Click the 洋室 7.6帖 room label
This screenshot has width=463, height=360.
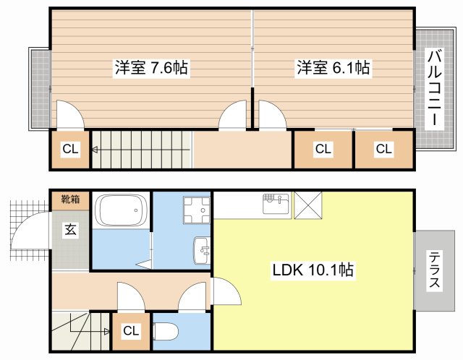pyautogui.click(x=151, y=68)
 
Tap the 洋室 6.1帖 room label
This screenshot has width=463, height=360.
pyautogui.click(x=333, y=68)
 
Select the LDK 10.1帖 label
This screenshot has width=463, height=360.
pyautogui.click(x=313, y=270)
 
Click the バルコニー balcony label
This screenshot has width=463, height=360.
pyautogui.click(x=435, y=88)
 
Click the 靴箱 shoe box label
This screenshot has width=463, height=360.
pyautogui.click(x=71, y=200)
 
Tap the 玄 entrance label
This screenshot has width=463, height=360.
pyautogui.click(x=71, y=229)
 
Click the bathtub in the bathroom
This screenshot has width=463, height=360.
pyautogui.click(x=123, y=210)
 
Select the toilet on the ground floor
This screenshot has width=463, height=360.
pyautogui.click(x=166, y=331)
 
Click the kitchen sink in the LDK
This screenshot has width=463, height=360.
pyautogui.click(x=276, y=204)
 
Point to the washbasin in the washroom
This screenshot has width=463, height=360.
pyautogui.click(x=202, y=251)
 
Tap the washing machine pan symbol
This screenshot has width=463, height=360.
pyautogui.click(x=197, y=210)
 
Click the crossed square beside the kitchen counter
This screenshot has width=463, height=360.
pyautogui.click(x=308, y=205)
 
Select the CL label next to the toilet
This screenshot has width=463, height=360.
pyautogui.click(x=131, y=330)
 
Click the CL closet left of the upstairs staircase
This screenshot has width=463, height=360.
pyautogui.click(x=70, y=149)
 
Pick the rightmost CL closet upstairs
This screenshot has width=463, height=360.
pyautogui.click(x=384, y=149)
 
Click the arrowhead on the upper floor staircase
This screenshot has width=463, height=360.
pyautogui.click(x=95, y=150)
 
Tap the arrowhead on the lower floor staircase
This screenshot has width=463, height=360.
pyautogui.click(x=107, y=332)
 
